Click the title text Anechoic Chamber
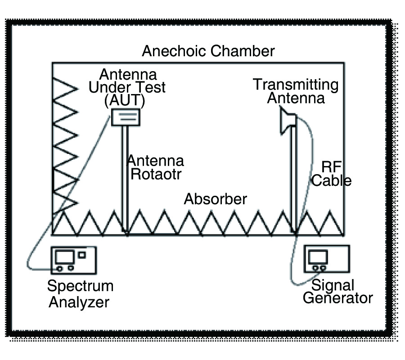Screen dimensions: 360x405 coord(208,51)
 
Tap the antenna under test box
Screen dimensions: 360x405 coord(126,117)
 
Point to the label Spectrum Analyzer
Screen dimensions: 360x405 coord(80,293)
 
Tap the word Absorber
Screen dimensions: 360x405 coord(216,199)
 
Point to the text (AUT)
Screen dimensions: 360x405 coord(124,101)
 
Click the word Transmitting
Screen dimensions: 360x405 coord(295,84)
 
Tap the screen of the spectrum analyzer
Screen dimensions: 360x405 coord(64,257)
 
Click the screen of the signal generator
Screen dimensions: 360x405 coord(318,257)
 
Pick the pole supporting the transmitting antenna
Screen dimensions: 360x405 coord(294,180)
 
